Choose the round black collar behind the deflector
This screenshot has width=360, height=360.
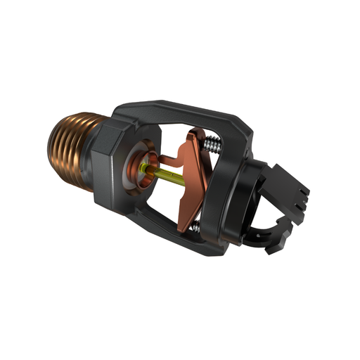pyautogui.click(x=243, y=197)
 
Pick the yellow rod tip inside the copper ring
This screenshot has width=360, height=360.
pyautogui.click(x=144, y=168)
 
